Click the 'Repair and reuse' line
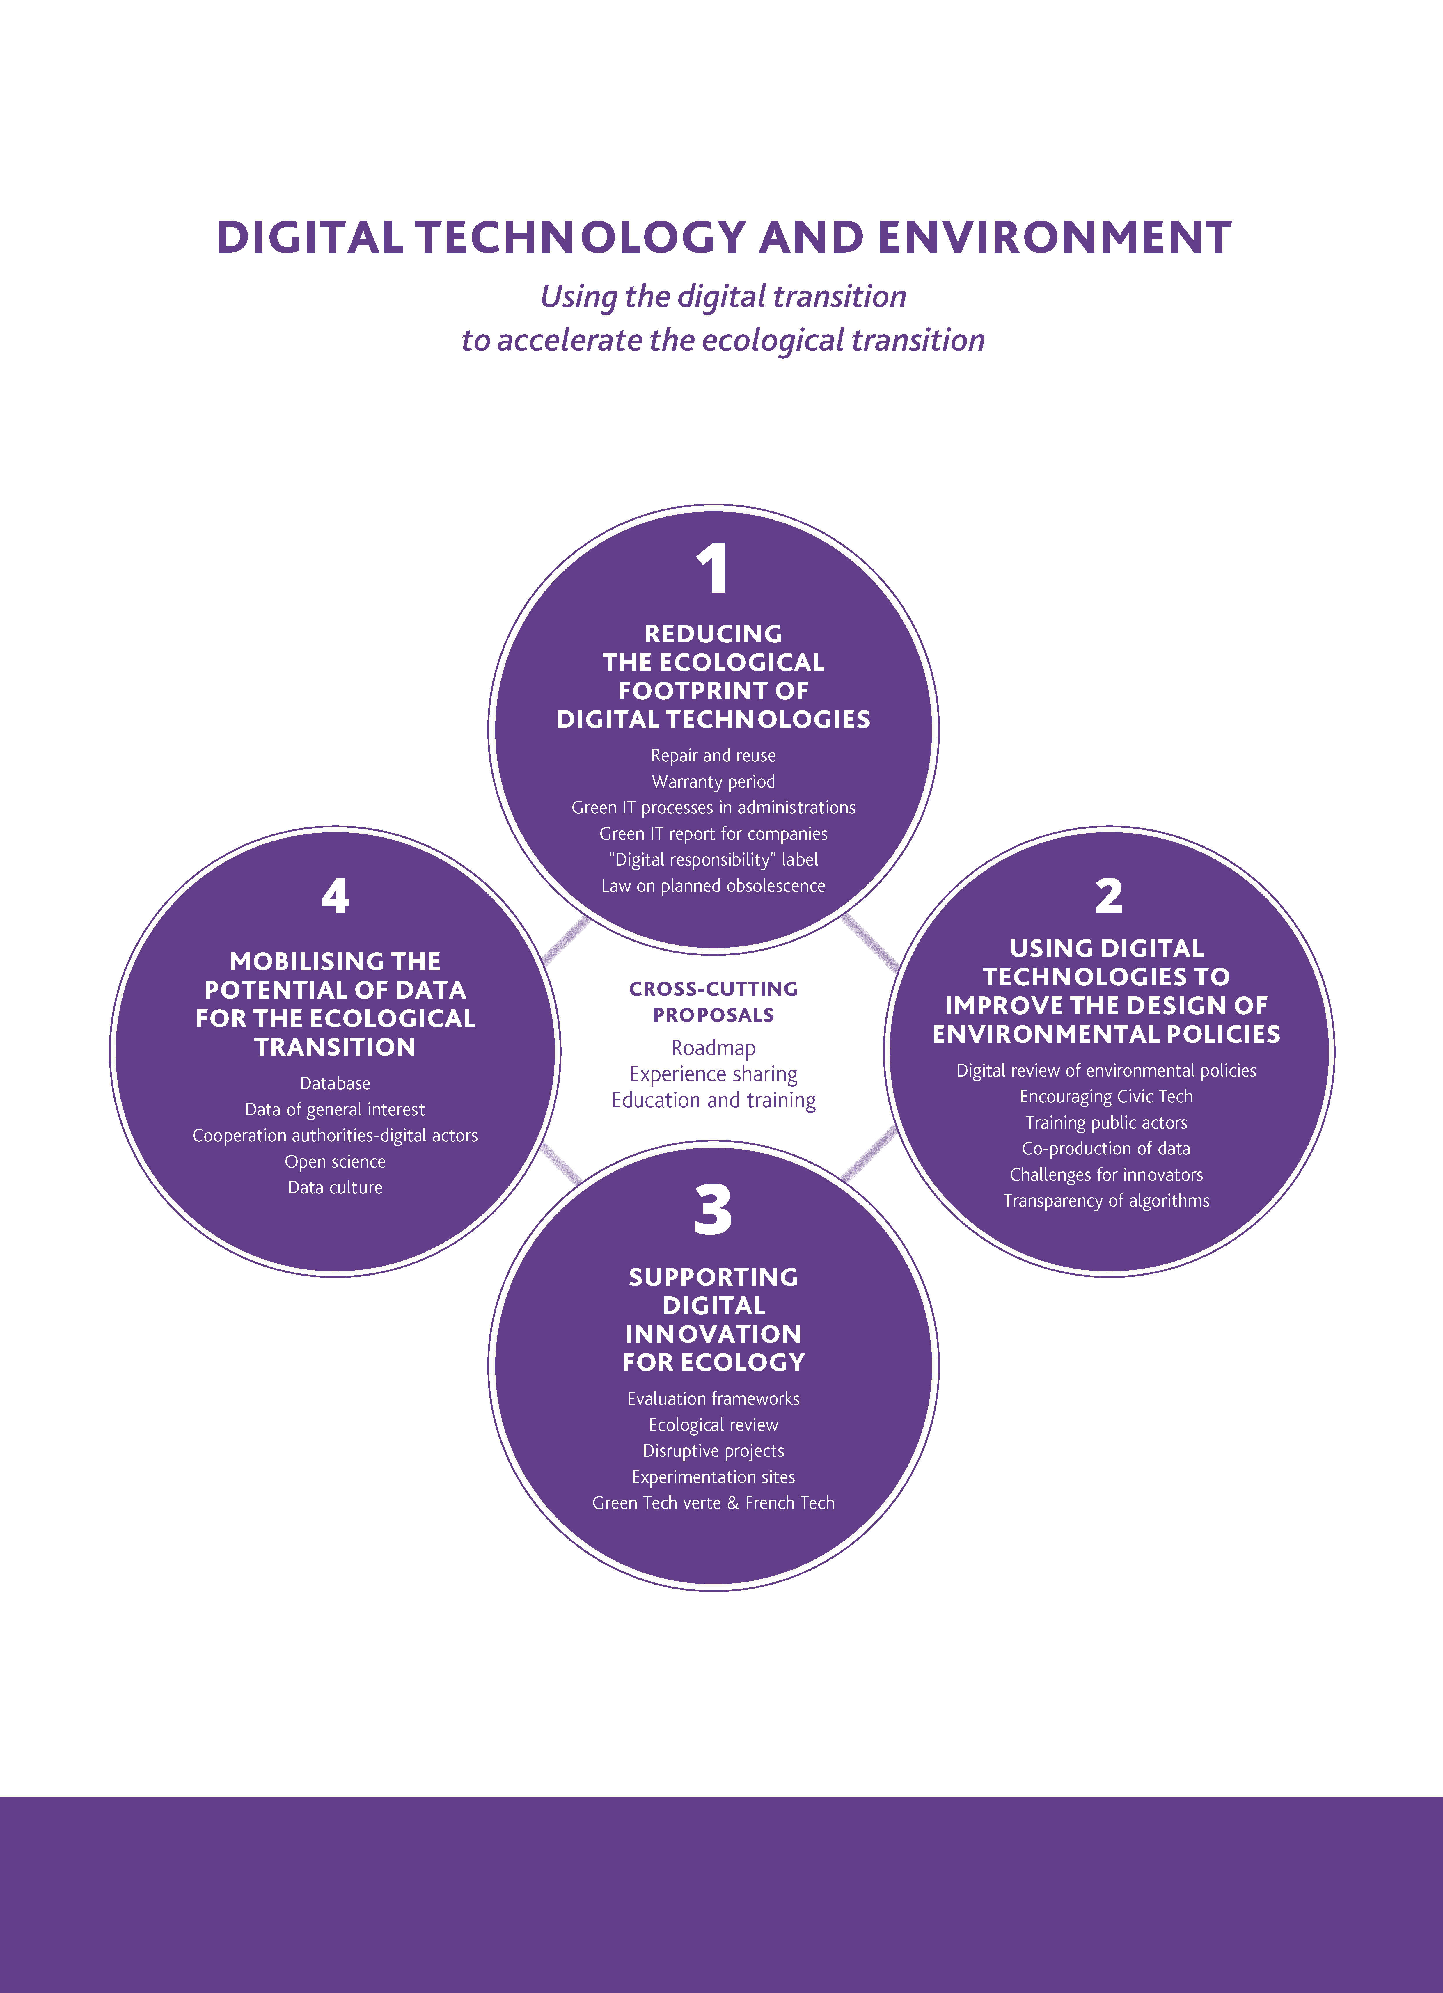point(713,756)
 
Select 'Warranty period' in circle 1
point(713,781)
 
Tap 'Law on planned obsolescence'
point(713,886)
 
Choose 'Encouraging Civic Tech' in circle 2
point(1105,1097)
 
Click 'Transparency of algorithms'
point(1105,1200)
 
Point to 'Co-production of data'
point(1105,1149)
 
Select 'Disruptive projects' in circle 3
point(713,1451)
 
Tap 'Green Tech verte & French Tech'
point(713,1503)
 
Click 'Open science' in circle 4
point(335,1162)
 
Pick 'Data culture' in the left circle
point(335,1187)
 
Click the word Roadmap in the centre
point(713,1047)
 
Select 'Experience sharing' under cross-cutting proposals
point(713,1074)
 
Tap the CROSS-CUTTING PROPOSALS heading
point(713,1002)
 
